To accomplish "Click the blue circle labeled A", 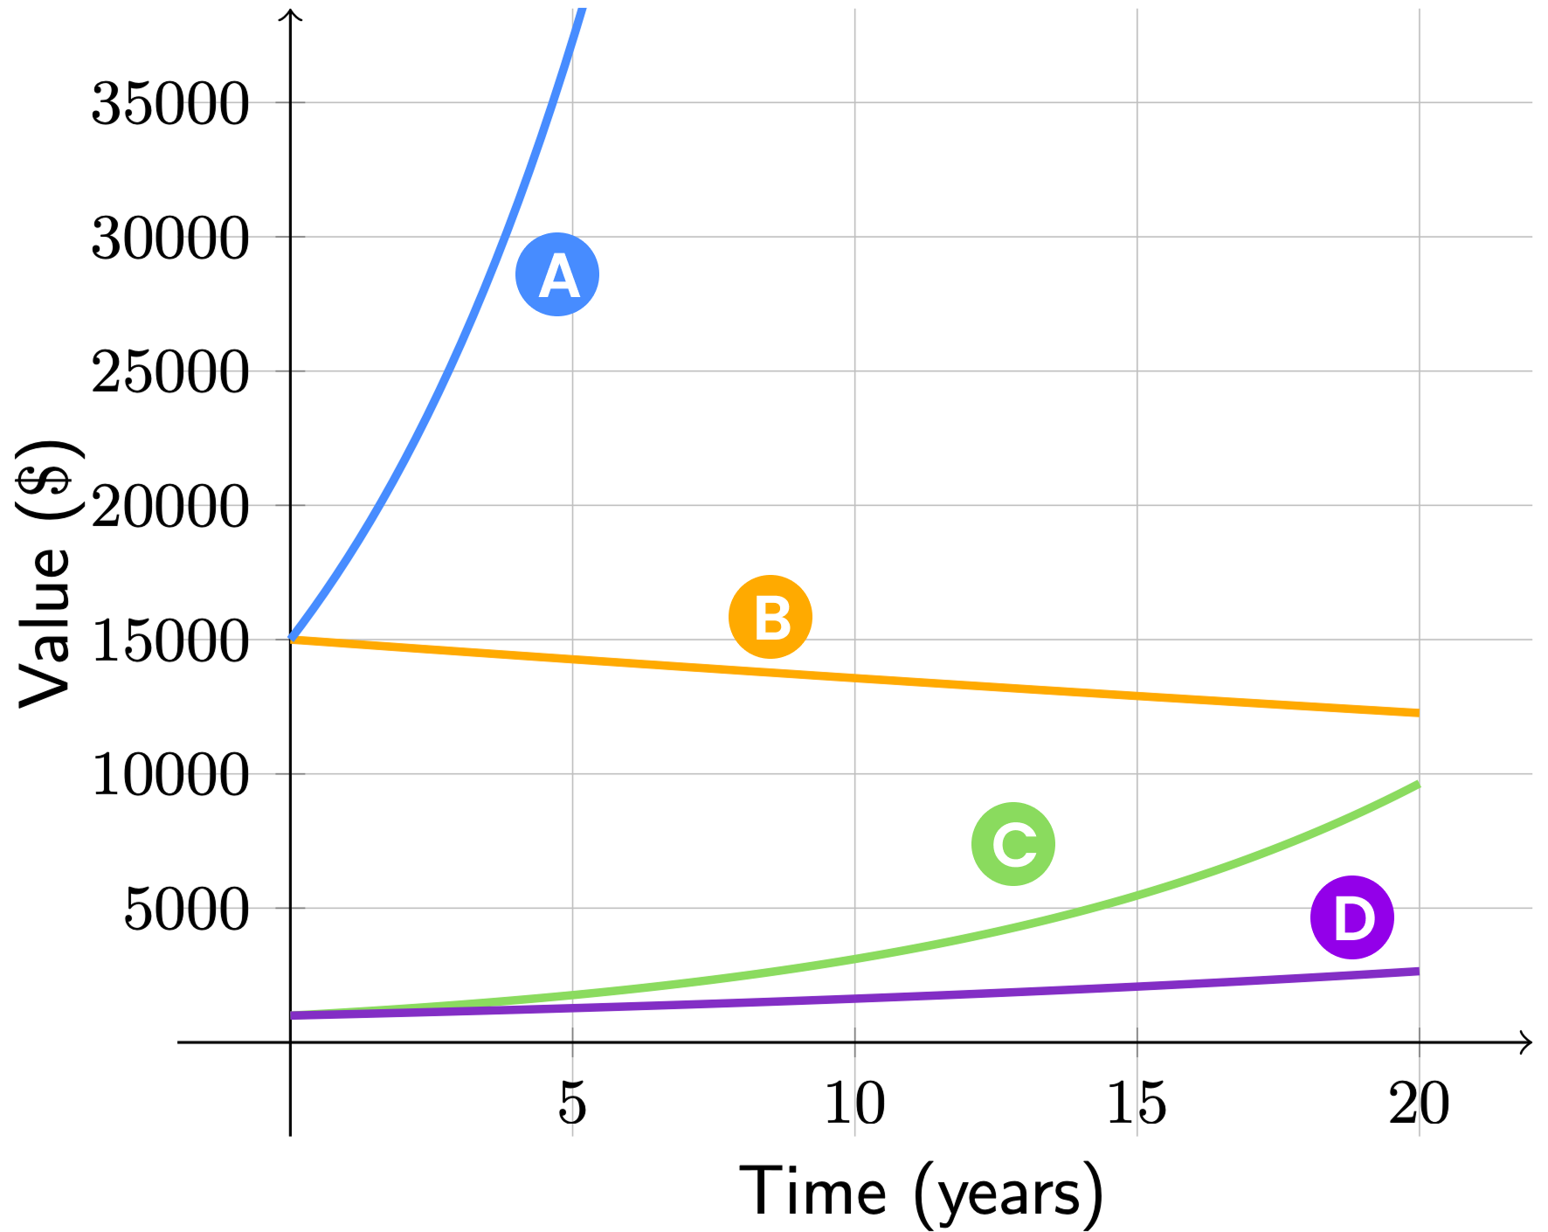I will point(557,274).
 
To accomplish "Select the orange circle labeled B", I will point(771,617).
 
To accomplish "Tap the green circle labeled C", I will point(1013,844).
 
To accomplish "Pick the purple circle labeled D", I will point(1352,917).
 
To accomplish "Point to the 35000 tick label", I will point(170,104).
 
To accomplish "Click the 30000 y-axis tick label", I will point(170,239).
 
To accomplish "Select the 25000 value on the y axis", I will point(170,373).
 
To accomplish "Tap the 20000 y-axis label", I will point(170,507).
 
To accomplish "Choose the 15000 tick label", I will point(170,641).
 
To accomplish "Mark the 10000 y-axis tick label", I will point(170,776).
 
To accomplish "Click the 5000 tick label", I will point(187,910).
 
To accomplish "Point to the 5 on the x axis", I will point(572,1103).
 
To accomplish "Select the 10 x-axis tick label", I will point(854,1103).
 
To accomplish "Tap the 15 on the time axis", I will point(1137,1103).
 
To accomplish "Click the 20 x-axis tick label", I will point(1419,1103).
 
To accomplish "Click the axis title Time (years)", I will point(922,1193).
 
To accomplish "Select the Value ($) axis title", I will point(45,572).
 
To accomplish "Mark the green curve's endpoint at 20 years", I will point(1417,785).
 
